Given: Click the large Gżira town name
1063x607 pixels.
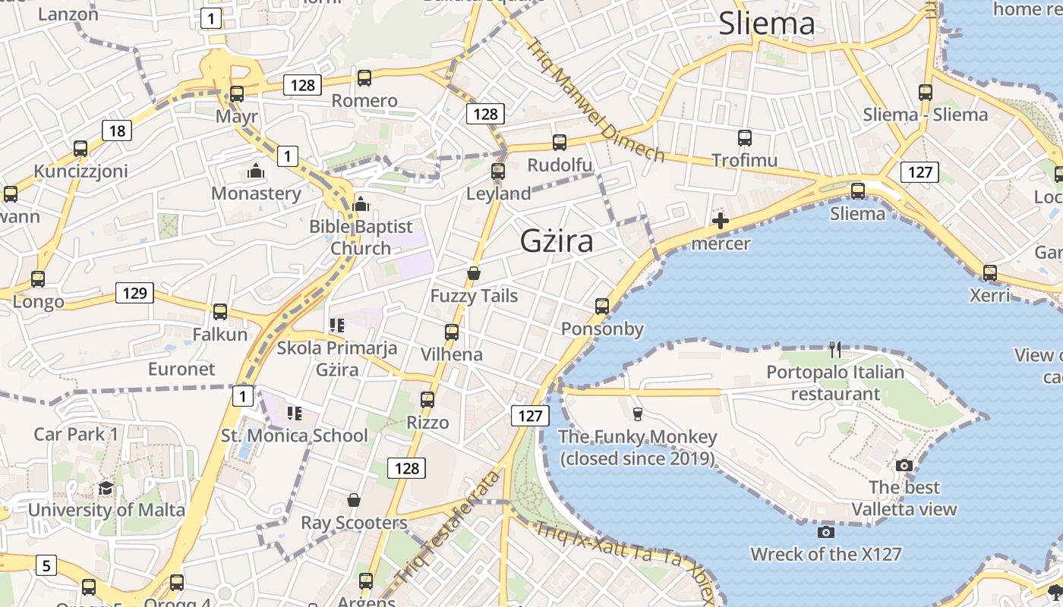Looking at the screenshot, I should coord(557,241).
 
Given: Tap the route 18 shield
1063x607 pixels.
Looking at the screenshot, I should coord(117,131).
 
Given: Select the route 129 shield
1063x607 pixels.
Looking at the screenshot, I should coord(134,293).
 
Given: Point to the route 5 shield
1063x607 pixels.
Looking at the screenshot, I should coord(46,565).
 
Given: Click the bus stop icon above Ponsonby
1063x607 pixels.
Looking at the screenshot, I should coord(602,307).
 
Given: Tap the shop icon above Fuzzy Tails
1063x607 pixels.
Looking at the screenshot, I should coord(474,273).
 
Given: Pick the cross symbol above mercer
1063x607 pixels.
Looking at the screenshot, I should coord(721,222).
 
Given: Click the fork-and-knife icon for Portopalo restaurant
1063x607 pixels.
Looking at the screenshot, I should coord(835,350).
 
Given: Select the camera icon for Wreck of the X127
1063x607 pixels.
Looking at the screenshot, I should coord(826,532).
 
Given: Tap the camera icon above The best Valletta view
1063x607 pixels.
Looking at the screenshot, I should coord(904,465).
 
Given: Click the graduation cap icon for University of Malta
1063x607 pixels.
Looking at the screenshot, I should coord(106,488).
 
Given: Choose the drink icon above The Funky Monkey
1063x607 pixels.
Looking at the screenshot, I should coord(637,414).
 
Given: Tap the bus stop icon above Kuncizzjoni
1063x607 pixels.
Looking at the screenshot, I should coord(80,149).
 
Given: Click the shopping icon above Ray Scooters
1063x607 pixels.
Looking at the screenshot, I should coord(353,500).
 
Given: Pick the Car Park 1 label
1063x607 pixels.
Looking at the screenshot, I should coord(76,435).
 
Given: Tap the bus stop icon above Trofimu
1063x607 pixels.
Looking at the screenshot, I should coord(744,138).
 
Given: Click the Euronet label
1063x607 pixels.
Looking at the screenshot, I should coord(181,370).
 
